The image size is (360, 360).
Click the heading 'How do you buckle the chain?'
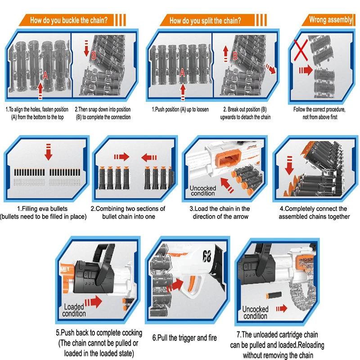pyautogui.click(x=68, y=20)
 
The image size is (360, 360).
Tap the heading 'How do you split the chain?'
pyautogui.click(x=205, y=20)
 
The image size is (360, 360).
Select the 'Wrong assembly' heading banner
pyautogui.click(x=331, y=19)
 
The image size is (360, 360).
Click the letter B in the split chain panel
pyautogui.click(x=235, y=56)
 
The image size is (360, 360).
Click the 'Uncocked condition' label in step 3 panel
pyautogui.click(x=202, y=190)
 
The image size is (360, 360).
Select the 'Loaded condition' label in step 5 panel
pyautogui.click(x=74, y=310)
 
